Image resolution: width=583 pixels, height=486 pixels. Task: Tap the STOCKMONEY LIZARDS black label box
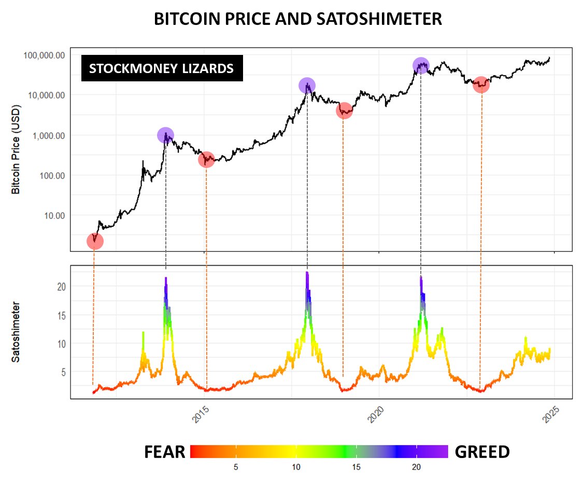coord(161,68)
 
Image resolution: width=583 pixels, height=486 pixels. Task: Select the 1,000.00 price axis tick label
coord(47,135)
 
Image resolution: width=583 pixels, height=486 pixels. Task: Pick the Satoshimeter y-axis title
coord(16,332)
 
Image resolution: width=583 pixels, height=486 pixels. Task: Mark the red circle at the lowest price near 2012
coord(95,241)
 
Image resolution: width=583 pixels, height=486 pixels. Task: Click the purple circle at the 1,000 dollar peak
coord(165,135)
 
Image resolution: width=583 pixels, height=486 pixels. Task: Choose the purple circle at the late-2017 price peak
coord(307,86)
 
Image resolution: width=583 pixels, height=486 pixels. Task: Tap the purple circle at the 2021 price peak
coord(421,65)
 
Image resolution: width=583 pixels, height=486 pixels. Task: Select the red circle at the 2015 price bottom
coord(206,160)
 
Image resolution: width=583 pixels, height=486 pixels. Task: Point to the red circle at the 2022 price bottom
coord(481,85)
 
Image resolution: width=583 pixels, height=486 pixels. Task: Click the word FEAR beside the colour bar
coord(164,452)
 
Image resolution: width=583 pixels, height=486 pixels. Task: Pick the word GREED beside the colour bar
coord(482,452)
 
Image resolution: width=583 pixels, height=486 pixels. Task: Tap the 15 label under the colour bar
coord(356,467)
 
